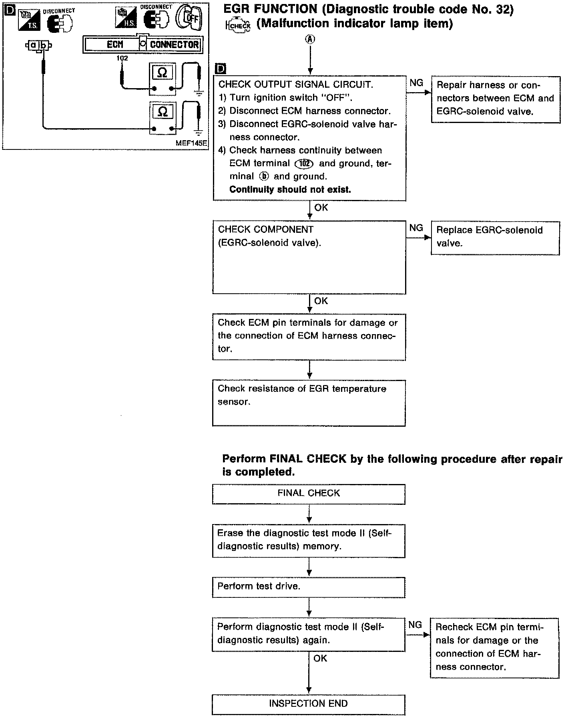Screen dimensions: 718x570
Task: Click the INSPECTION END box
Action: pyautogui.click(x=309, y=704)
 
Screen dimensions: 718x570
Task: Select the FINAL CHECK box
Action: pyautogui.click(x=309, y=494)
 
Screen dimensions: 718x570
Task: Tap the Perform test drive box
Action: pyautogui.click(x=309, y=587)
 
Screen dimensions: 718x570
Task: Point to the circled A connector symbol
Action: pyautogui.click(x=310, y=39)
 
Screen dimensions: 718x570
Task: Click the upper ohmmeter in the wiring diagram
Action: pyautogui.click(x=163, y=79)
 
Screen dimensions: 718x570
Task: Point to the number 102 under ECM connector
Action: pyautogui.click(x=122, y=58)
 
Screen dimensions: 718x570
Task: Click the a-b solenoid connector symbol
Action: pyautogui.click(x=38, y=45)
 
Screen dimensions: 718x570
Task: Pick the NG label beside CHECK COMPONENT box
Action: pyautogui.click(x=416, y=228)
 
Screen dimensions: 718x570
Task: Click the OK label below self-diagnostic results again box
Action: pyautogui.click(x=321, y=658)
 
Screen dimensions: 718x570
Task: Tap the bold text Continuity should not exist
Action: pyautogui.click(x=290, y=190)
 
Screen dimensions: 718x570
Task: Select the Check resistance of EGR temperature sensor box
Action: pyautogui.click(x=309, y=403)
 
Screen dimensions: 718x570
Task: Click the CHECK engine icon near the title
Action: pyautogui.click(x=239, y=26)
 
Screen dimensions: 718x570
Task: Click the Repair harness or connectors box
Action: pyautogui.click(x=496, y=99)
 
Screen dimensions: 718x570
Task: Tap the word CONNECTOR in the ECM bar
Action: pyautogui.click(x=174, y=44)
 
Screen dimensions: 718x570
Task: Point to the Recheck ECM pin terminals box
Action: pyautogui.click(x=494, y=648)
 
